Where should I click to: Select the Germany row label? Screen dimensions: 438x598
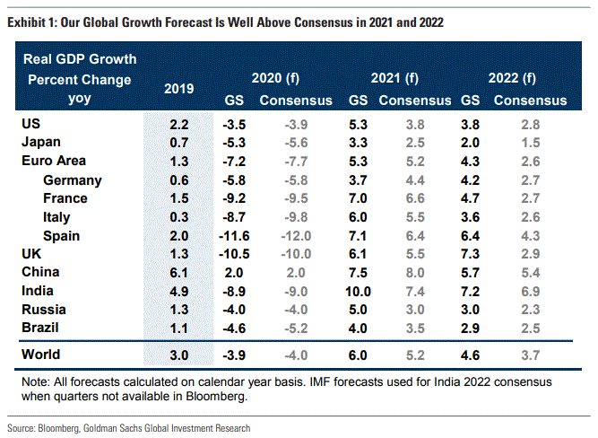(x=72, y=180)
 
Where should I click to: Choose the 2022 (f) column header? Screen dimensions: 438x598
(x=514, y=78)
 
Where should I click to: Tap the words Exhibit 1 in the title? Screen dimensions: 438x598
(x=31, y=21)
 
